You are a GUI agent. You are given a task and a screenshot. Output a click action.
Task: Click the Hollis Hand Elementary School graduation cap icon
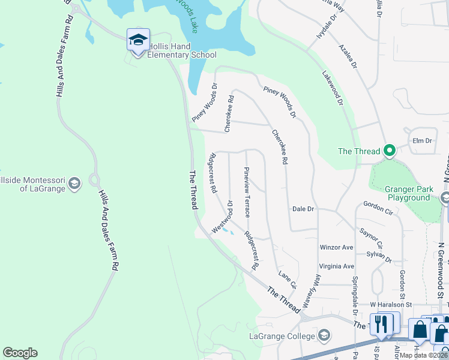click(x=138, y=41)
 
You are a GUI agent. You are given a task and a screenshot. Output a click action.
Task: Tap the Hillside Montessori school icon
click(x=74, y=184)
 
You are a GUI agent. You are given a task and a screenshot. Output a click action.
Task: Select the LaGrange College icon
click(x=325, y=334)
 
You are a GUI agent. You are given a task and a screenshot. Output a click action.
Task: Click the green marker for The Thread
click(x=390, y=151)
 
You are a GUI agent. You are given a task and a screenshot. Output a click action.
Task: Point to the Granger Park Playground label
click(x=400, y=193)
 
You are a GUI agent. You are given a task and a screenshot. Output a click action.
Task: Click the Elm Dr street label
click(x=423, y=141)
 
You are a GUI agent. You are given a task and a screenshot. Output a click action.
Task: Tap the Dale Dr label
click(x=303, y=209)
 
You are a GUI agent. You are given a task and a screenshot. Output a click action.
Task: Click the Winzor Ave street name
click(x=337, y=247)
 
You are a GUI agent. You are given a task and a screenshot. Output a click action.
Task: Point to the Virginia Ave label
click(x=337, y=266)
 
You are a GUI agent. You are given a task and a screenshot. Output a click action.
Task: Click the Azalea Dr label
click(x=348, y=56)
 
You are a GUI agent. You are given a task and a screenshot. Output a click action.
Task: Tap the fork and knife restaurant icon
click(x=381, y=324)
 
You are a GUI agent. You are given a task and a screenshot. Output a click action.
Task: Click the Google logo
click(x=20, y=353)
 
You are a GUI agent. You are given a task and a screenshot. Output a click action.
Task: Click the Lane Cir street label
click(x=287, y=279)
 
